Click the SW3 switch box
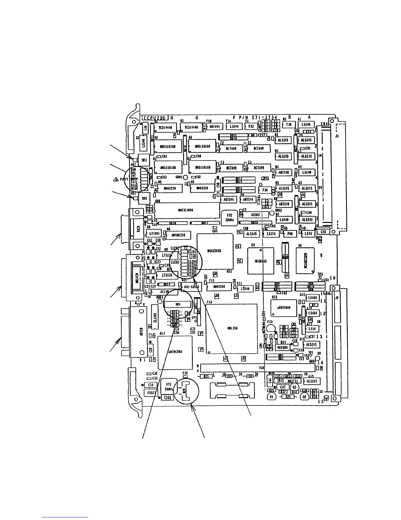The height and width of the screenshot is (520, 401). [144, 160]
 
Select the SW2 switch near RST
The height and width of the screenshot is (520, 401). [144, 198]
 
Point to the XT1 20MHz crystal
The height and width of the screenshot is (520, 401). [169, 387]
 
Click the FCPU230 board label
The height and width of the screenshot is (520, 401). [156, 117]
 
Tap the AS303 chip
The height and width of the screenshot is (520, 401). [255, 214]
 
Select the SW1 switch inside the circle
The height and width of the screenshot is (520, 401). [178, 304]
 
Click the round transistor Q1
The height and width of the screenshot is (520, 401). [271, 397]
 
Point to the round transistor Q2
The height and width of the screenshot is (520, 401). [304, 397]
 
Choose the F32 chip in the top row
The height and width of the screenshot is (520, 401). [252, 126]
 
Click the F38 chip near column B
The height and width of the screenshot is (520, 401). [289, 125]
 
